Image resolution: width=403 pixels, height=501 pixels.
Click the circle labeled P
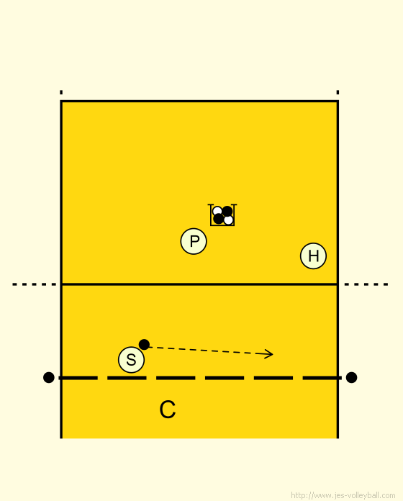click(194, 241)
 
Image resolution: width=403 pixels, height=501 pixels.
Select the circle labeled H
click(313, 256)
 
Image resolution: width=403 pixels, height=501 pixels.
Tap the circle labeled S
click(131, 360)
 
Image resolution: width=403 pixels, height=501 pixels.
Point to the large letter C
click(168, 410)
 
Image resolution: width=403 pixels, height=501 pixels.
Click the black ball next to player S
click(144, 344)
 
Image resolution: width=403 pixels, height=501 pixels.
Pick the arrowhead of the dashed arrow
click(269, 353)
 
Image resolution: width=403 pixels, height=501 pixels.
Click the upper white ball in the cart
click(217, 211)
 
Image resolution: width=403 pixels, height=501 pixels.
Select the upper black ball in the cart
click(227, 211)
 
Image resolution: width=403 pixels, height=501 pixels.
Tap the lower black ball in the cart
click(219, 219)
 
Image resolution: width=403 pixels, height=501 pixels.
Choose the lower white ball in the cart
click(228, 220)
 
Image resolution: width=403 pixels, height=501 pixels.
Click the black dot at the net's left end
click(48, 377)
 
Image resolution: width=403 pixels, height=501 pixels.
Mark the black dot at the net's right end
click(351, 377)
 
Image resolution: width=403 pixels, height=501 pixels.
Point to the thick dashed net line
click(200, 378)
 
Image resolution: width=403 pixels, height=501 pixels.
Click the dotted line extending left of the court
click(35, 284)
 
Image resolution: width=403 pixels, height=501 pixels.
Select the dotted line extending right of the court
click(366, 284)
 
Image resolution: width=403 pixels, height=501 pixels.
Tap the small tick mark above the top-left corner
click(61, 92)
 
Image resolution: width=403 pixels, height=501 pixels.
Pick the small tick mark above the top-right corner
click(338, 92)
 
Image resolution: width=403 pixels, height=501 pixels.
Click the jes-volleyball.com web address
click(343, 495)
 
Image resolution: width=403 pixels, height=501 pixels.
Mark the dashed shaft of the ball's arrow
click(207, 350)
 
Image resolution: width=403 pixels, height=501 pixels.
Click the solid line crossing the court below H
click(199, 284)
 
